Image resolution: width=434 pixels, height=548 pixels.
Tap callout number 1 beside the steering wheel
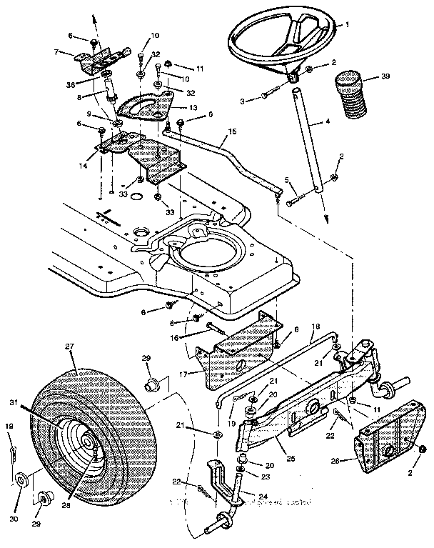[348, 24]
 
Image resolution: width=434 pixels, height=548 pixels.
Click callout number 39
[385, 74]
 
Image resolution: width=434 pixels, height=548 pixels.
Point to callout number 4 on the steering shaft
[328, 122]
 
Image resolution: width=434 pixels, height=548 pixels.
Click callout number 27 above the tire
[70, 346]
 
